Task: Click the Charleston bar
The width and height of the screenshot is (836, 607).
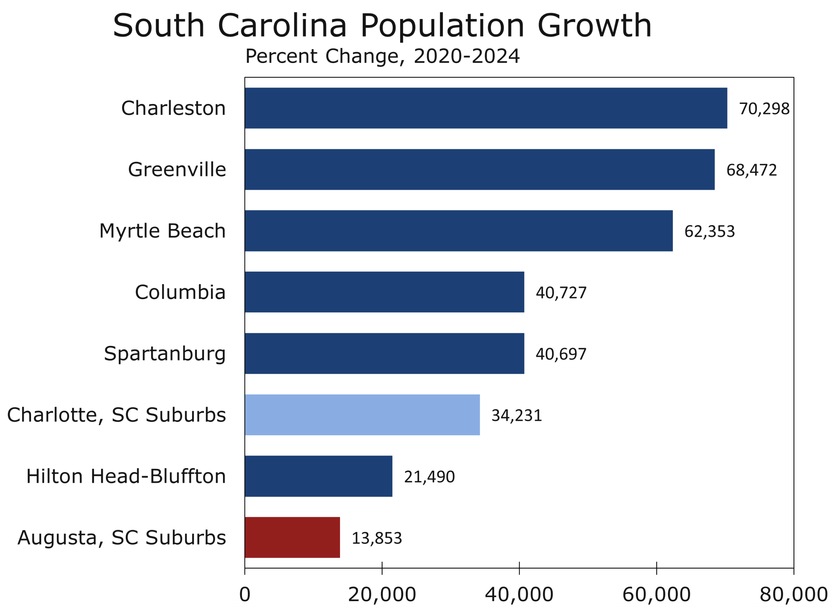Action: click(486, 108)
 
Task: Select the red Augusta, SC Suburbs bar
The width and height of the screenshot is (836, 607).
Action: click(292, 537)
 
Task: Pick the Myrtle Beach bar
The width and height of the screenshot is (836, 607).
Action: click(458, 231)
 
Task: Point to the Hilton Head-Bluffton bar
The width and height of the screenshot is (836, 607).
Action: click(318, 476)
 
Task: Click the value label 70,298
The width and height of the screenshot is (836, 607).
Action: click(764, 109)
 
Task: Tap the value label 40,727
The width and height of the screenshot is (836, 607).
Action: click(561, 293)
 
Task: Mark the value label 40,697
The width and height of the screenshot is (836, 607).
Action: click(561, 354)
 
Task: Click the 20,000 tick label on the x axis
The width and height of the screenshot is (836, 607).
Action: click(382, 595)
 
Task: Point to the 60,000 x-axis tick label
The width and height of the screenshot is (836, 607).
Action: click(656, 595)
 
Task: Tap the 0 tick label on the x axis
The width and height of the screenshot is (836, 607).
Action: click(245, 595)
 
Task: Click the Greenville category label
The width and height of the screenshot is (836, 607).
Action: click(177, 169)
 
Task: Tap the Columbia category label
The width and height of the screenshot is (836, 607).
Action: click(180, 292)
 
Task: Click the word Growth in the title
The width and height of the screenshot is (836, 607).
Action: click(594, 26)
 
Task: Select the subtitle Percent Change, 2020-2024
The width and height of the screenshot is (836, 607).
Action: click(382, 56)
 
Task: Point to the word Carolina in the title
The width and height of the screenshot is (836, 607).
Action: click(282, 26)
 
